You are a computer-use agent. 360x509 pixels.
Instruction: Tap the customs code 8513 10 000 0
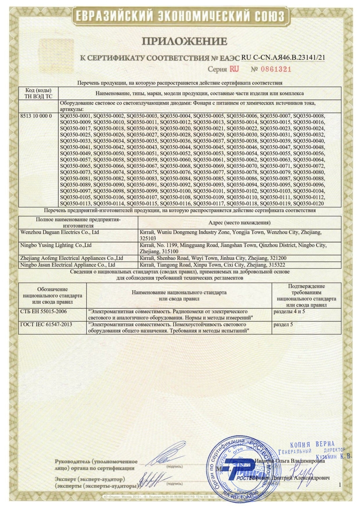(x=36, y=115)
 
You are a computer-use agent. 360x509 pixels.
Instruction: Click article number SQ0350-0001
(x=75, y=115)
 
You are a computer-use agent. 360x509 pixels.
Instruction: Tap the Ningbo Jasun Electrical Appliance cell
(x=68, y=265)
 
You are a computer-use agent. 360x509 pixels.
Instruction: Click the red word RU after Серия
(x=234, y=69)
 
